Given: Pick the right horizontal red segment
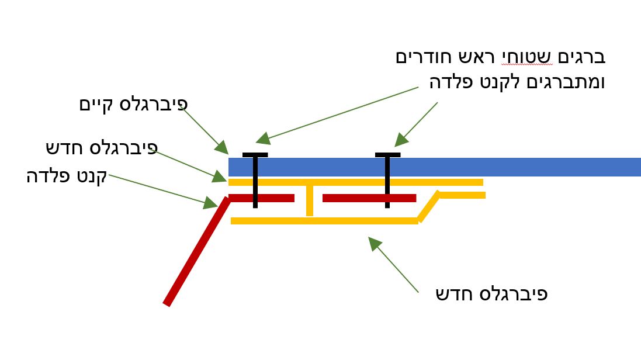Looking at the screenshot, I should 368,198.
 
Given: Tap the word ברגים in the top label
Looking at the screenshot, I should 582,57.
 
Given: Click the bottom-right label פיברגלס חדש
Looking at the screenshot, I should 491,293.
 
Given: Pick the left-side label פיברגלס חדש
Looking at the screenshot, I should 102,148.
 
